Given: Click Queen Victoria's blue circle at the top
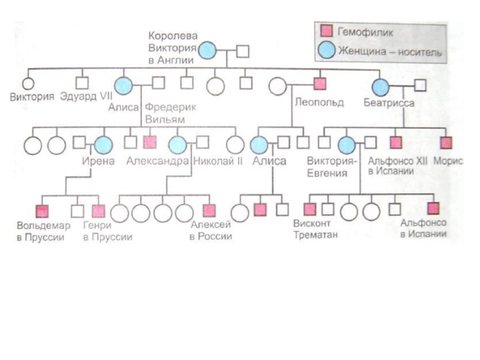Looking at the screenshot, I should click(x=208, y=51).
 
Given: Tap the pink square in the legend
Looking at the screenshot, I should click(x=327, y=31).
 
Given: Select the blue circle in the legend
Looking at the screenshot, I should click(x=327, y=50).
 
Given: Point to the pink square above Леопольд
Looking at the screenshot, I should click(x=319, y=85).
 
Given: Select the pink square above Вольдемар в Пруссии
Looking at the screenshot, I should click(x=42, y=211).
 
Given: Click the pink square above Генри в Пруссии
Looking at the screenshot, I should click(x=98, y=211).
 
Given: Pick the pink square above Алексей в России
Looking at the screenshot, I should click(x=209, y=211).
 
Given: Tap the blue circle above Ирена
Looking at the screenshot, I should click(x=103, y=144).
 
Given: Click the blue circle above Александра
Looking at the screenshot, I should click(x=177, y=144).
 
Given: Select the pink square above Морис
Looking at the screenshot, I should click(x=445, y=143).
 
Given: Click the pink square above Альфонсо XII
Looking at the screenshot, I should click(x=395, y=143).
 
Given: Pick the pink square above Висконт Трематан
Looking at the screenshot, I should click(x=310, y=209).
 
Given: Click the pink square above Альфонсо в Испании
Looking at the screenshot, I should click(x=433, y=209).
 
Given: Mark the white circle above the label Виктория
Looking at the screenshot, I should click(x=28, y=85).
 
